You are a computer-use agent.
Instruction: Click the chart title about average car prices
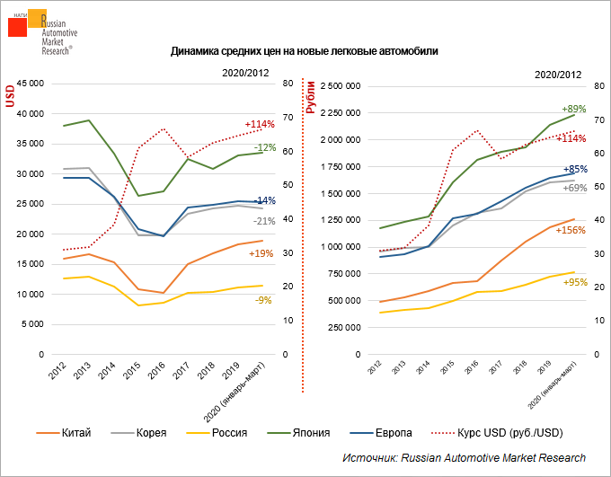click(305, 51)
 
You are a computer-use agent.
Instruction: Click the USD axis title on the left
click(11, 95)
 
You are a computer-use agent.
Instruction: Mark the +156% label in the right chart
click(572, 230)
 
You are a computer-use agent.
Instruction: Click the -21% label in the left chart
click(263, 220)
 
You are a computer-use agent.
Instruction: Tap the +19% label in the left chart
click(260, 253)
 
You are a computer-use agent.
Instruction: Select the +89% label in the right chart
click(573, 109)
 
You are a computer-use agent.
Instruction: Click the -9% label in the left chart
click(262, 300)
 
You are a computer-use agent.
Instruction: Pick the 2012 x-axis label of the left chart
click(58, 369)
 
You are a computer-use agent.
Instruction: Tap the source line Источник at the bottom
click(464, 458)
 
